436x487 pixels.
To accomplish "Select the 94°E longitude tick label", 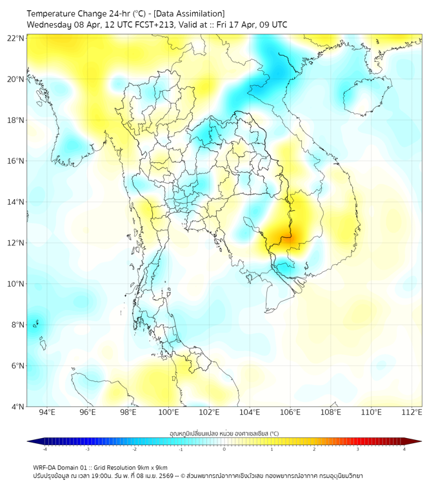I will [47, 412].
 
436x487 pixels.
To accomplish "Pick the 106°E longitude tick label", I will [290, 412].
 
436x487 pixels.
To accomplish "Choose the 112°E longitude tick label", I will [411, 412].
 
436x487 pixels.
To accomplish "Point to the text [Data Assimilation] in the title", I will [192, 14].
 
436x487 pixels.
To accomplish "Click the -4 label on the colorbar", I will [45, 449].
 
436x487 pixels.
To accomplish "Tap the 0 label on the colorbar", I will [224, 449].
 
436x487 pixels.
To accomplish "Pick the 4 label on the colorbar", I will [404, 449].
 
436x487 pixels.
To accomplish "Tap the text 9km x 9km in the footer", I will [152, 468].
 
